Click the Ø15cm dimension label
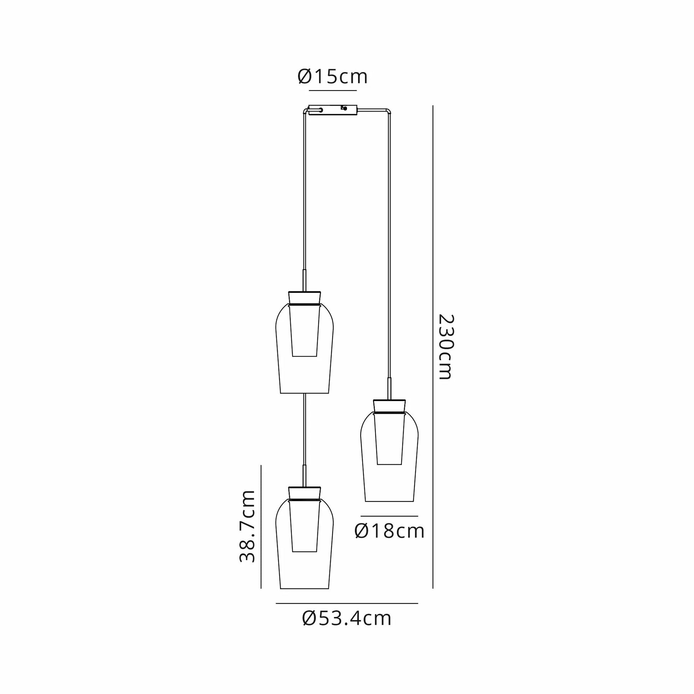click(333, 77)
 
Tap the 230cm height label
click(446, 347)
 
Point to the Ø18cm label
click(389, 531)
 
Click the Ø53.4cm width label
click(347, 618)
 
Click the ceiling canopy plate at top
click(333, 110)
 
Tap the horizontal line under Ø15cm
click(333, 91)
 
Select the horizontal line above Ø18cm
click(389, 516)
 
